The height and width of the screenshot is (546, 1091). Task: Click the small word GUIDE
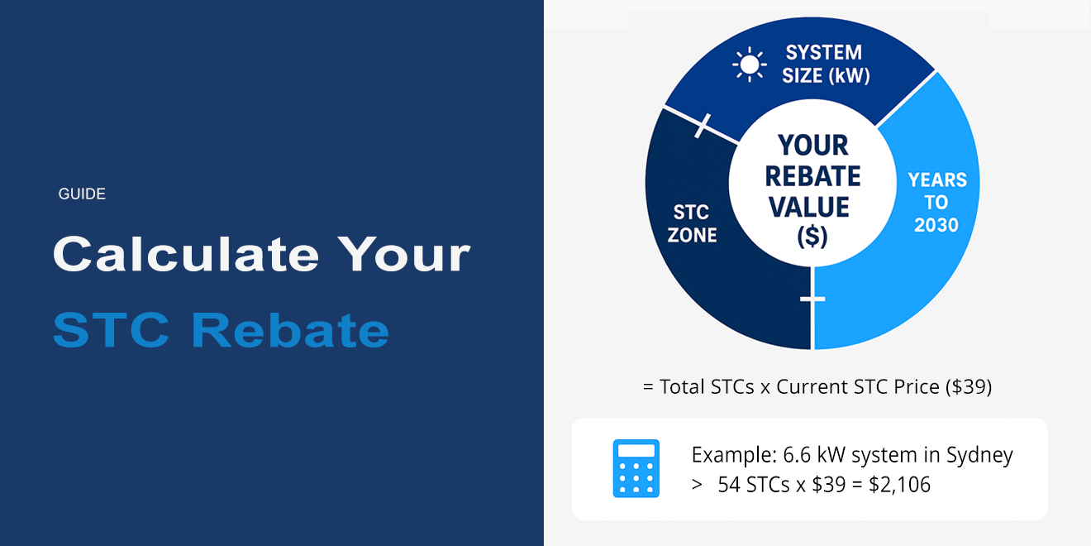(82, 194)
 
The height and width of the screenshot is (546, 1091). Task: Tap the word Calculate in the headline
(186, 254)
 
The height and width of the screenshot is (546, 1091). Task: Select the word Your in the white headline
(404, 255)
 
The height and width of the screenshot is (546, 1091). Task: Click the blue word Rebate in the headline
(290, 330)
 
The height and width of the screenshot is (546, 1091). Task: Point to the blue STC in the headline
(112, 330)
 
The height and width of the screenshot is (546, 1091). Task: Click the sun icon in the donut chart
(749, 65)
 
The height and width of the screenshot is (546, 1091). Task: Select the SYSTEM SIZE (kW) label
(826, 64)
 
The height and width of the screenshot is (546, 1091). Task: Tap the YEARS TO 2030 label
(937, 203)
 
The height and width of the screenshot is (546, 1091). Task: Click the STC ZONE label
(692, 223)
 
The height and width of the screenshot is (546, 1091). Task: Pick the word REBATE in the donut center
(813, 176)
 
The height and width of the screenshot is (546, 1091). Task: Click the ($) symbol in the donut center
(812, 237)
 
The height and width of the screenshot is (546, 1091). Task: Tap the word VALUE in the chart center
(809, 207)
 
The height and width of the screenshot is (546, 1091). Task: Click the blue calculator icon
(636, 468)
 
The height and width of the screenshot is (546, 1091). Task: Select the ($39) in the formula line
(969, 386)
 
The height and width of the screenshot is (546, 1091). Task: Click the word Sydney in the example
(979, 456)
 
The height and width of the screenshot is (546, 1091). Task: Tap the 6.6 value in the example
(797, 455)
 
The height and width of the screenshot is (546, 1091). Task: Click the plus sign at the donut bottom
(812, 299)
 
